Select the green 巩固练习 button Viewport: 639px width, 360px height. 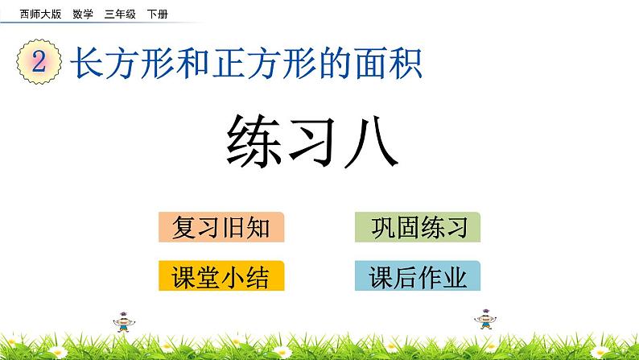(x=417, y=228)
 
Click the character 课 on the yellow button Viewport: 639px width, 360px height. (x=184, y=277)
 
